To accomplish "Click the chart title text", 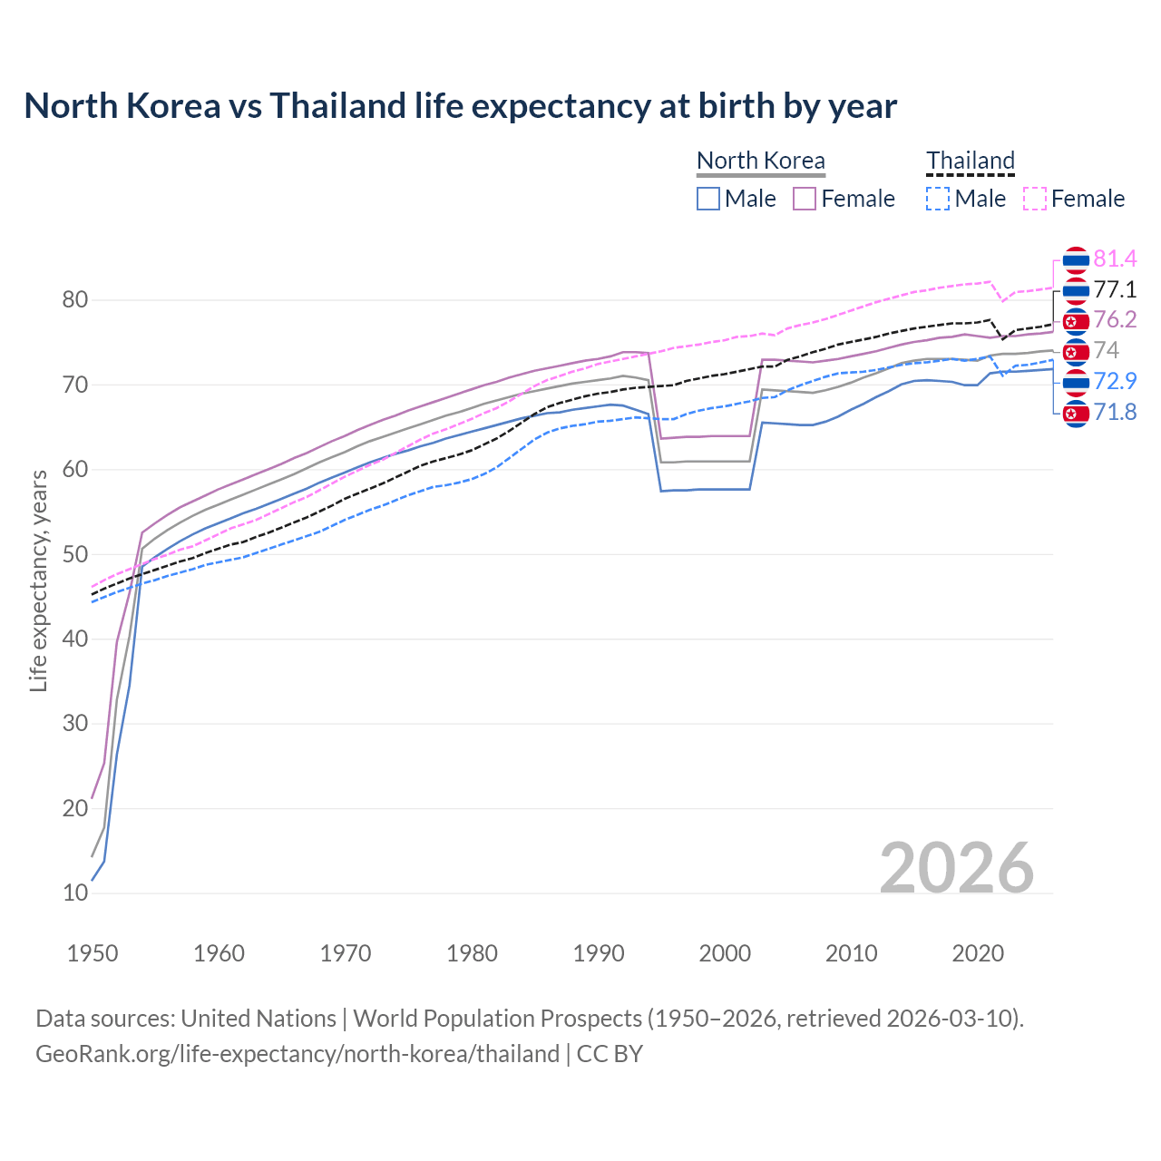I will (x=460, y=106).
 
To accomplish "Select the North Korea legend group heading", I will (x=760, y=161).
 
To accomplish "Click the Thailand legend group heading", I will (x=970, y=161).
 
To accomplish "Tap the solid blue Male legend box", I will (x=708, y=199).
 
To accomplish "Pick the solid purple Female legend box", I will (x=805, y=199).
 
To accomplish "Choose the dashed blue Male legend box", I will (x=938, y=199).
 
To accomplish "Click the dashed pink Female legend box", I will (x=1035, y=199).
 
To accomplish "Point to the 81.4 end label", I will (x=1115, y=259).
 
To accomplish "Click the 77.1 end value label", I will (x=1115, y=289).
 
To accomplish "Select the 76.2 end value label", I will (x=1115, y=320).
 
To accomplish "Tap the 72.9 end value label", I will (x=1115, y=381).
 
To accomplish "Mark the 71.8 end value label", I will (x=1115, y=413).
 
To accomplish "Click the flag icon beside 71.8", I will (x=1075, y=414).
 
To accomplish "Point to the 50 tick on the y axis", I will (x=75, y=554).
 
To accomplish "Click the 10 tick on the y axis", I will (x=75, y=893).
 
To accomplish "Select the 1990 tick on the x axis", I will (x=599, y=953).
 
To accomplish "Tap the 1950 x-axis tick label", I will (x=93, y=953).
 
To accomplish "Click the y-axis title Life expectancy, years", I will (x=38, y=580).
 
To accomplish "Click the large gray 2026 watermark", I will (x=956, y=868).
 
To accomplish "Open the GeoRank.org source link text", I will (x=298, y=1054).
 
